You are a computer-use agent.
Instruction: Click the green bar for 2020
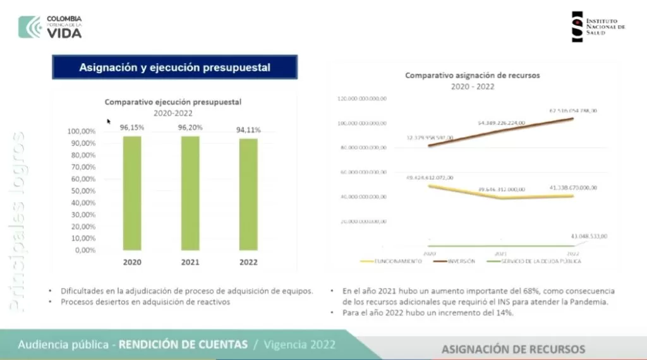point(132,193)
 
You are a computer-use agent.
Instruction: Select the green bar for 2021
point(190,193)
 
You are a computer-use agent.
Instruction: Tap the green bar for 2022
point(248,194)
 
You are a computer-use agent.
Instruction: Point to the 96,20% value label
point(191,127)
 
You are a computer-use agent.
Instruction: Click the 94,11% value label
point(248,129)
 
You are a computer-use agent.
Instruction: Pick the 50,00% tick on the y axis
point(81,191)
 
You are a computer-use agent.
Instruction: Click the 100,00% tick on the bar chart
point(80,131)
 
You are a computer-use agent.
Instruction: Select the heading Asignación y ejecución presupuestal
point(174,68)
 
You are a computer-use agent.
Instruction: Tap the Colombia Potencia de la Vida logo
point(51,27)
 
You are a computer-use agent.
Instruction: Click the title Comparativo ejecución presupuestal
point(173,101)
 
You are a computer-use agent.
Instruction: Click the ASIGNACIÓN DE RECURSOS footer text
point(513,349)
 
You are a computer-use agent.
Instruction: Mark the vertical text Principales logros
point(17,221)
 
